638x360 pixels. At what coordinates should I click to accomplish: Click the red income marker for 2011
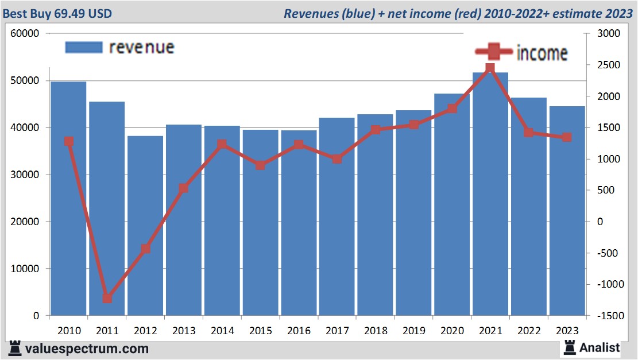(x=107, y=298)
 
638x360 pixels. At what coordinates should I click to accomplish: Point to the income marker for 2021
(x=490, y=68)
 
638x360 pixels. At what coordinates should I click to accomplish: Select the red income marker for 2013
(x=183, y=188)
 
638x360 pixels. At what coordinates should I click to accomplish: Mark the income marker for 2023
(x=566, y=137)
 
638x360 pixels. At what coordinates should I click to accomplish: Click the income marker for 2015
(x=260, y=165)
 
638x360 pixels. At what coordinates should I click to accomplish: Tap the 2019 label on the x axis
(x=413, y=331)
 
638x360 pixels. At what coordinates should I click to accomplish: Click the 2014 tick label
(x=222, y=331)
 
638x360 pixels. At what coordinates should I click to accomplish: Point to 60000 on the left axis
(x=25, y=34)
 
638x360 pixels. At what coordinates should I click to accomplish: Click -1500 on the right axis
(x=609, y=316)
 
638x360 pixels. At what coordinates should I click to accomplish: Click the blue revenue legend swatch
(x=84, y=47)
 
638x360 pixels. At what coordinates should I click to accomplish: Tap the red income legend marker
(x=494, y=53)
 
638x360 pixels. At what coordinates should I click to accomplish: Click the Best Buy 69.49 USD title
(x=57, y=12)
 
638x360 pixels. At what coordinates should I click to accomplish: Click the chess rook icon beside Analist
(x=570, y=347)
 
